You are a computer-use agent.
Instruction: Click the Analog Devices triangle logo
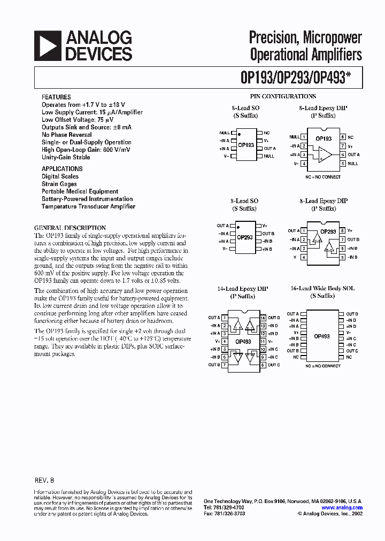pyautogui.click(x=48, y=45)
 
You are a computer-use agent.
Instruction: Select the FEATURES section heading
pyautogui.click(x=56, y=97)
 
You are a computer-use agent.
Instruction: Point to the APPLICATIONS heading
pyautogui.click(x=62, y=168)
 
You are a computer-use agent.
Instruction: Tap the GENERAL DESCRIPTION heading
pyautogui.click(x=70, y=227)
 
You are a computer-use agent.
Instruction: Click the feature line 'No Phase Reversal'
pyautogui.click(x=67, y=135)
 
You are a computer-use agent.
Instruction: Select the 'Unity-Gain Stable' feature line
pyautogui.click(x=66, y=157)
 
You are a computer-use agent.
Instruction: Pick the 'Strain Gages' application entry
pyautogui.click(x=59, y=184)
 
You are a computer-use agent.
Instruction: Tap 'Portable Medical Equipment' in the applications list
pyautogui.click(x=80, y=191)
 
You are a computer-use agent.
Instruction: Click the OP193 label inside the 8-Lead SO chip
pyautogui.click(x=246, y=145)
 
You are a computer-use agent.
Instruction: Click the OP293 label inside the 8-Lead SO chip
pyautogui.click(x=245, y=237)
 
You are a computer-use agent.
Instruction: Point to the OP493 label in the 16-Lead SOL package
pyautogui.click(x=322, y=336)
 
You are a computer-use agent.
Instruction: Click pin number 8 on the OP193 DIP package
pyautogui.click(x=342, y=137)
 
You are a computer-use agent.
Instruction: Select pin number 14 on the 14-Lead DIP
pyautogui.click(x=263, y=318)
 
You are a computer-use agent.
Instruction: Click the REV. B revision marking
pyautogui.click(x=44, y=481)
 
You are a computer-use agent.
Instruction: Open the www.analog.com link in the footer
pyautogui.click(x=342, y=508)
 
